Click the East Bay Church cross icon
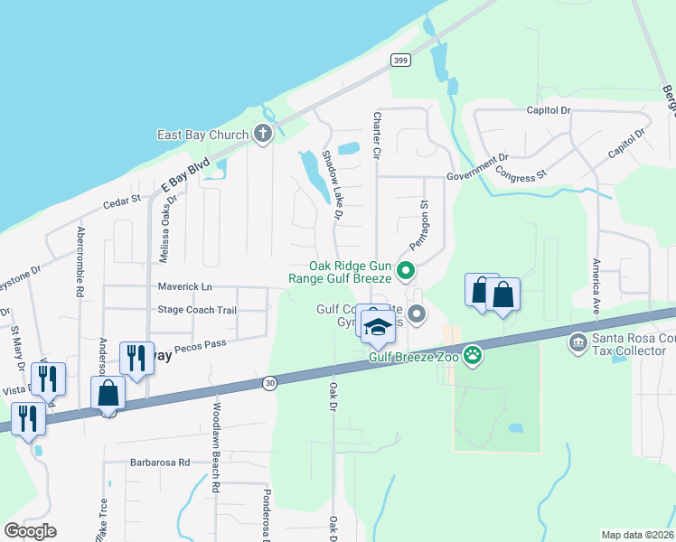[x=263, y=135]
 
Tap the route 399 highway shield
[x=401, y=60]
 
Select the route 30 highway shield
[x=269, y=384]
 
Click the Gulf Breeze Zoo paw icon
[x=471, y=354]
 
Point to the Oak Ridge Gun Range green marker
[x=406, y=269]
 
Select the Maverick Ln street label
[x=184, y=286]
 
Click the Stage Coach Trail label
[x=197, y=310]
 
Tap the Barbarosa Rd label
[x=160, y=463]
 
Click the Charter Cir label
[x=376, y=136]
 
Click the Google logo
[x=31, y=531]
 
